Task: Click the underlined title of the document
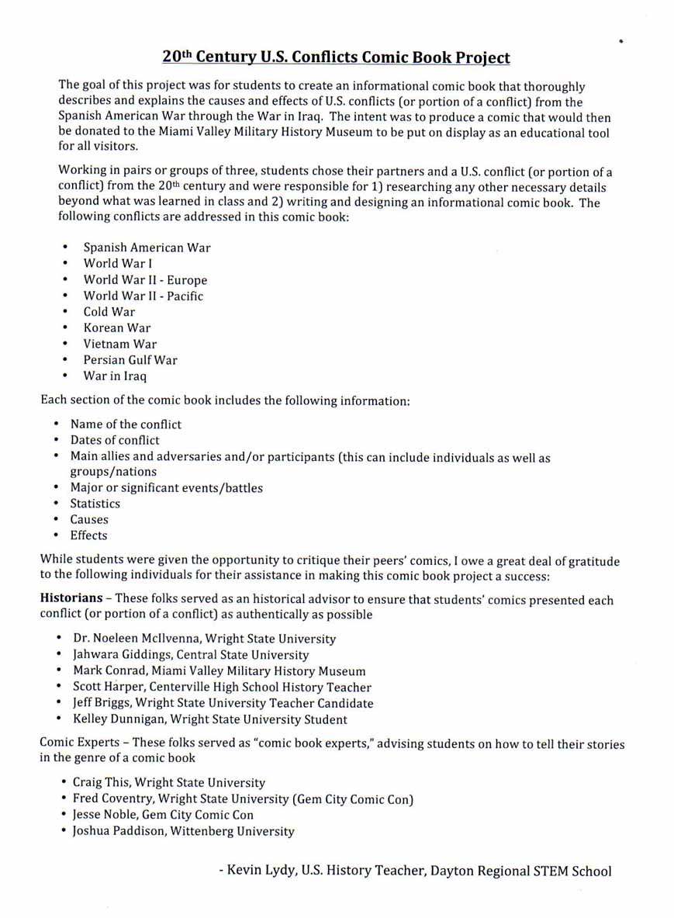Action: click(336, 57)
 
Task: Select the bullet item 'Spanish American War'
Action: click(147, 248)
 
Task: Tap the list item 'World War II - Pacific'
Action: click(143, 296)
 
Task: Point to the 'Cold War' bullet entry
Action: click(109, 312)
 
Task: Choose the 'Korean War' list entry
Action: click(117, 327)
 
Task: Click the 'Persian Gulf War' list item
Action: click(130, 360)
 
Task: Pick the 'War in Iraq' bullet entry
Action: click(115, 376)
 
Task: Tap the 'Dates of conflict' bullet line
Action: click(115, 440)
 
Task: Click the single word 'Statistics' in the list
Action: click(95, 504)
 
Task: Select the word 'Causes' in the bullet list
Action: click(89, 519)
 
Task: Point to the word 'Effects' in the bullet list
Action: click(88, 535)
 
